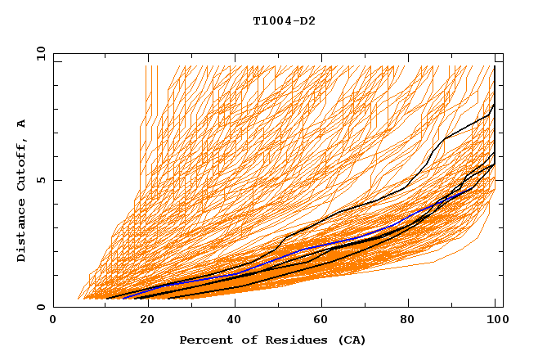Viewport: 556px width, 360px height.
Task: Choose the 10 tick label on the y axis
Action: click(x=40, y=53)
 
